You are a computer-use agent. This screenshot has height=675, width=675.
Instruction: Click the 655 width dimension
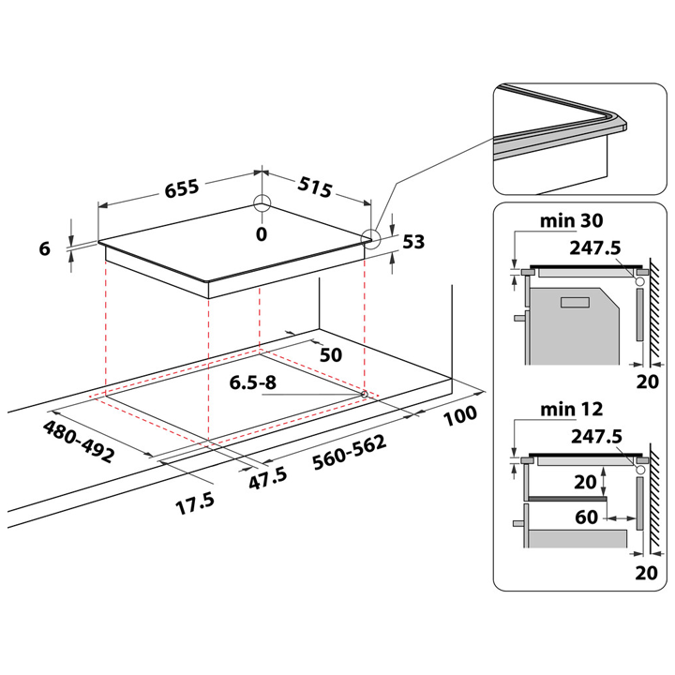pyautogui.click(x=182, y=187)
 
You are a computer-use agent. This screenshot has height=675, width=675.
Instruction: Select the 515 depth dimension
pyautogui.click(x=314, y=187)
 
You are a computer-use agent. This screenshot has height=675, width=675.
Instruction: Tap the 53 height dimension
pyautogui.click(x=413, y=243)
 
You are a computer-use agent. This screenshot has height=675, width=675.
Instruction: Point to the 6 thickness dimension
pyautogui.click(x=43, y=248)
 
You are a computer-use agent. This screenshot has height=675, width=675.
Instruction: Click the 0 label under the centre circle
pyautogui.click(x=262, y=232)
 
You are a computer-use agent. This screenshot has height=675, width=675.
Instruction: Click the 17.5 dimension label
pyautogui.click(x=195, y=502)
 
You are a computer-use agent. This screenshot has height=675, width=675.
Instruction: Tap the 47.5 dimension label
pyautogui.click(x=266, y=475)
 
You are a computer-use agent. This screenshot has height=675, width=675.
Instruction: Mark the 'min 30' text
pyautogui.click(x=571, y=222)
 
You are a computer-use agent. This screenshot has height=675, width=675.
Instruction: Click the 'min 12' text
pyautogui.click(x=571, y=409)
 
